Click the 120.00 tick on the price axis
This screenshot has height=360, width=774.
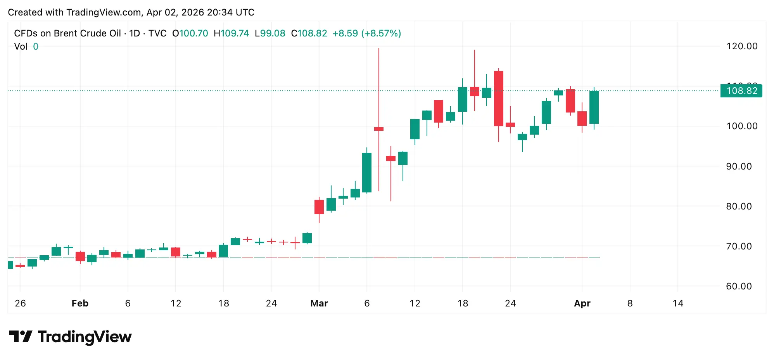click(x=741, y=46)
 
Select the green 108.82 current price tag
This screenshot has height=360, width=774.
click(x=741, y=91)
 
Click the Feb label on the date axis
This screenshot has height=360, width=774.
click(x=80, y=303)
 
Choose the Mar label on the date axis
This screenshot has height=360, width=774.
click(x=319, y=303)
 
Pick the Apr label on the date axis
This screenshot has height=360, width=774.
click(x=582, y=303)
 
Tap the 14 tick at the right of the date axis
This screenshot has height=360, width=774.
click(x=678, y=303)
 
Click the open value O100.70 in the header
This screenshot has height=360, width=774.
click(x=190, y=33)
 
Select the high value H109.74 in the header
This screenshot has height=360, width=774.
click(x=232, y=33)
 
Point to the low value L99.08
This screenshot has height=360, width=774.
click(x=270, y=33)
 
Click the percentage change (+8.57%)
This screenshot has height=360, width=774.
click(x=381, y=33)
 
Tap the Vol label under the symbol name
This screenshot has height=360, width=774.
click(x=21, y=47)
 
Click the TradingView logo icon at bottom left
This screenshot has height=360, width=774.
click(x=20, y=336)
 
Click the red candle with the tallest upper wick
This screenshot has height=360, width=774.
click(x=379, y=129)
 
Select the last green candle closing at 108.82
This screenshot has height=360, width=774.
click(x=594, y=107)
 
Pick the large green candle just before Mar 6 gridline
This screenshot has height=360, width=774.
click(x=367, y=172)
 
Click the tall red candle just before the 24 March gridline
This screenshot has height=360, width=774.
click(x=499, y=99)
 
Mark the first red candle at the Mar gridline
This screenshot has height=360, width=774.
click(x=319, y=207)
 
